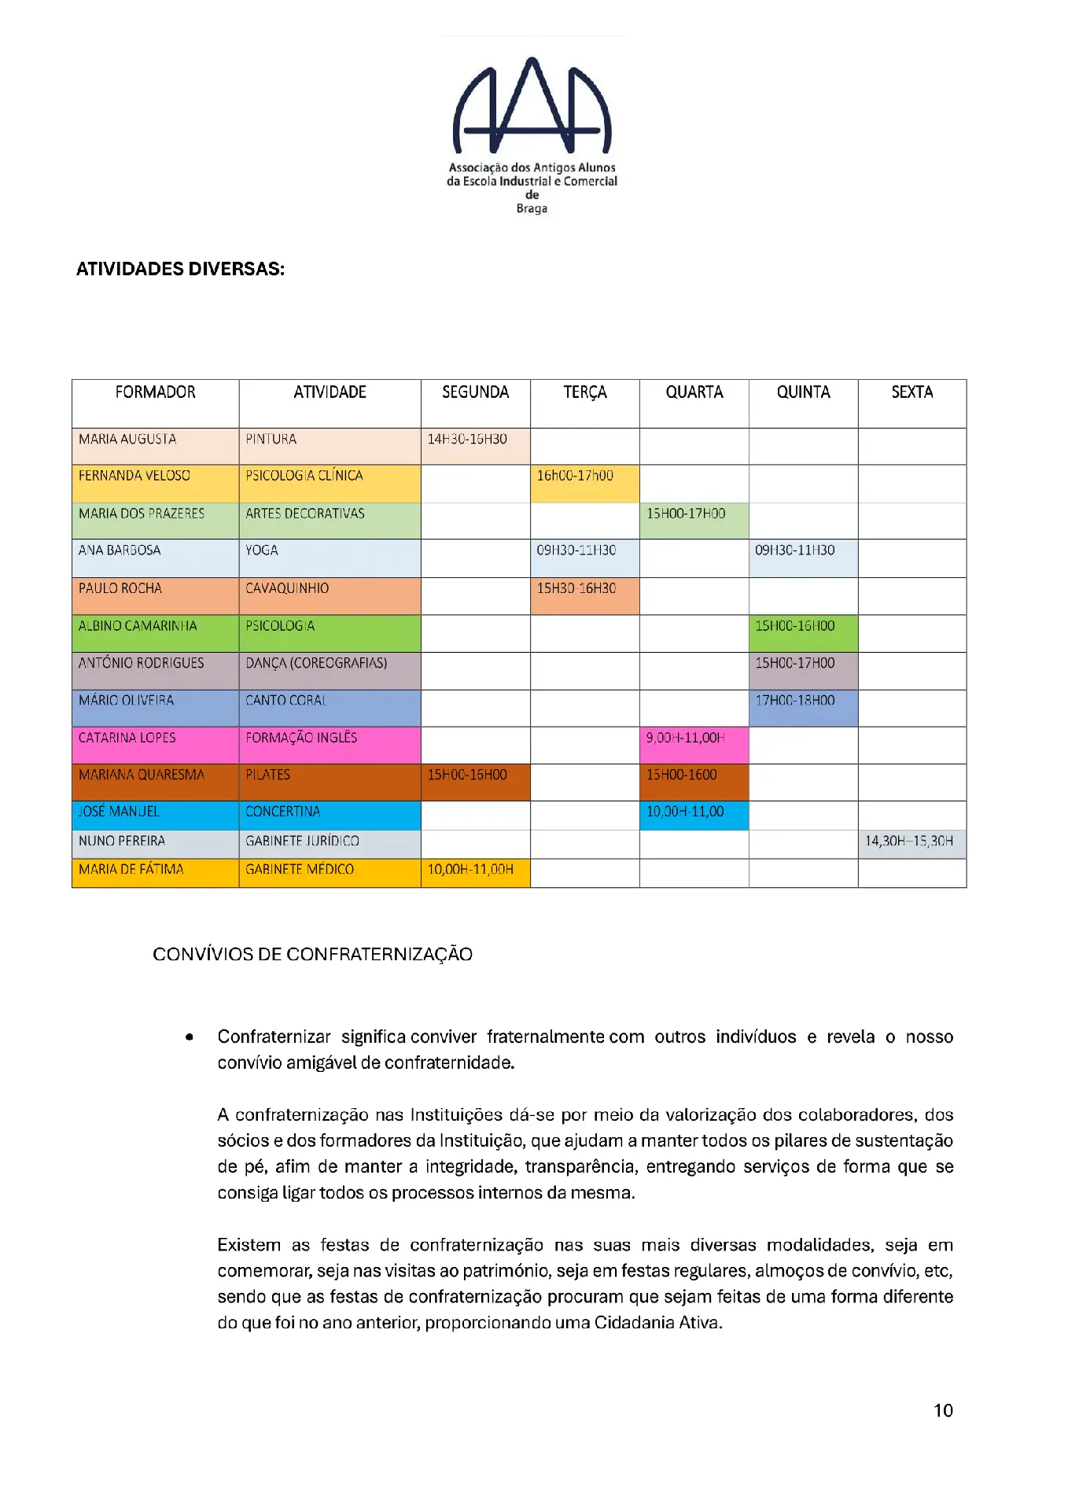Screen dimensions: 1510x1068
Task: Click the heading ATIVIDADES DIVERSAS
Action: point(180,269)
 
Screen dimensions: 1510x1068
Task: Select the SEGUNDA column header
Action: point(475,392)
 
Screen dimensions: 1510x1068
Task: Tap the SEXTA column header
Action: point(911,392)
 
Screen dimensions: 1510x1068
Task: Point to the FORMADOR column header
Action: point(155,392)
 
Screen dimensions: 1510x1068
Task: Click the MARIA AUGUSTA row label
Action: point(127,440)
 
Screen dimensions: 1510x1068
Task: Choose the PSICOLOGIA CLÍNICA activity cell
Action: point(304,476)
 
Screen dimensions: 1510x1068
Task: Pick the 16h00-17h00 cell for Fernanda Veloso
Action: point(575,476)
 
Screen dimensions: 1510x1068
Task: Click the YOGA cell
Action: point(262,551)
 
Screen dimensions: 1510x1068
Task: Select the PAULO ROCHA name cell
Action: point(120,588)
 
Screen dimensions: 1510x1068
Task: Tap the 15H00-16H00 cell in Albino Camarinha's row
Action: point(795,626)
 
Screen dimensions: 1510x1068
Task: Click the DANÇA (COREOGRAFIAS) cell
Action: point(316,663)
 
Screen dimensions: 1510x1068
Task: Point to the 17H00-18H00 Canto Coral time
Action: point(795,701)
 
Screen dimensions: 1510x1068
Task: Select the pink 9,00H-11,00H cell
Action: point(686,738)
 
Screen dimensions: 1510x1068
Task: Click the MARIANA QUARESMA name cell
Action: point(142,775)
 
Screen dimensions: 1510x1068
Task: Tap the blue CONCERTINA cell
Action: point(283,812)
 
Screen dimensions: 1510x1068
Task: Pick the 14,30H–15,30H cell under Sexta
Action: point(909,842)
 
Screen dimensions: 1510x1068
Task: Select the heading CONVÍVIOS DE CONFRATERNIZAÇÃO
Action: point(312,955)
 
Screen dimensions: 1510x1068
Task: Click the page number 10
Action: point(943,1411)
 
